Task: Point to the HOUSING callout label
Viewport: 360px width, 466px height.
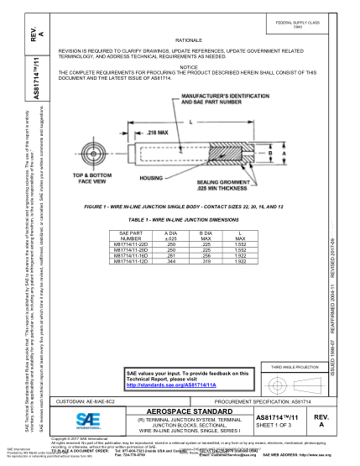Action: (151, 178)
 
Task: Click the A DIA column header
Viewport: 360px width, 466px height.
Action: (171, 233)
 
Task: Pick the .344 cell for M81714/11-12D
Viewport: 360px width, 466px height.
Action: (171, 261)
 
